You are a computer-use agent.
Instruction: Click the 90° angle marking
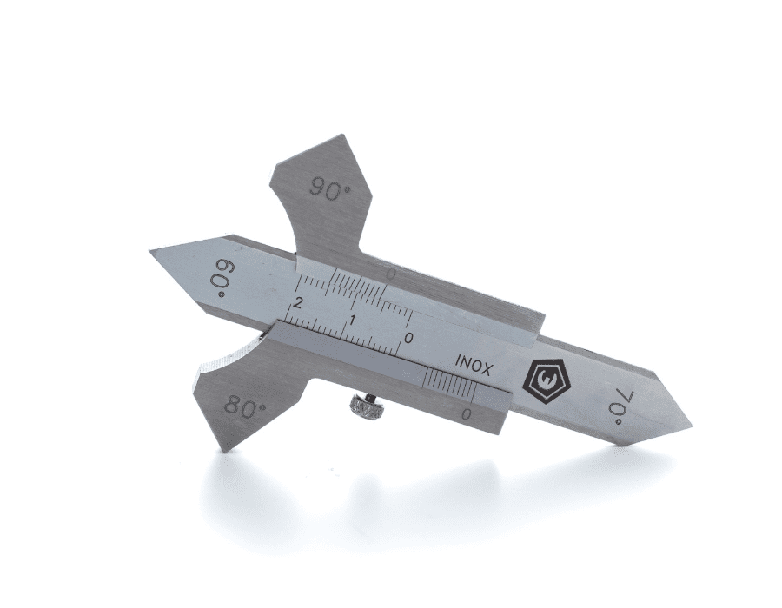point(329,189)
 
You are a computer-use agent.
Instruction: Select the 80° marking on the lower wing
point(245,404)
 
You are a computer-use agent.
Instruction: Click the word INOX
point(474,366)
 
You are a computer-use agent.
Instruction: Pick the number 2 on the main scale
point(299,302)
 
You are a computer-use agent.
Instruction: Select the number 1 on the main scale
point(354,320)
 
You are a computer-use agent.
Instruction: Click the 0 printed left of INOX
point(408,338)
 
